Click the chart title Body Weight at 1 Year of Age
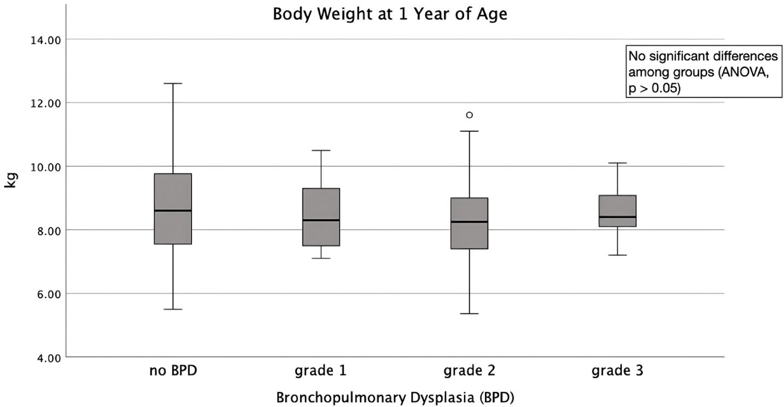(x=390, y=14)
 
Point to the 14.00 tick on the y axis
(x=45, y=40)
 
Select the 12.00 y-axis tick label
(x=45, y=104)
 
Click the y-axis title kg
(x=11, y=180)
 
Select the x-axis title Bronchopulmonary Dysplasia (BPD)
(x=395, y=398)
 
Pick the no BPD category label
(x=173, y=371)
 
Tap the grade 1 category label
(x=320, y=371)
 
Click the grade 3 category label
(x=617, y=371)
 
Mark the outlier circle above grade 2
(x=470, y=115)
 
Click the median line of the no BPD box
(x=173, y=210)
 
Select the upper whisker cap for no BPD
(x=173, y=84)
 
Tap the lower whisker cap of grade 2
(x=470, y=314)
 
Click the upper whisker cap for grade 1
(x=321, y=150)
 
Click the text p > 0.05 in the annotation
(x=654, y=88)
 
